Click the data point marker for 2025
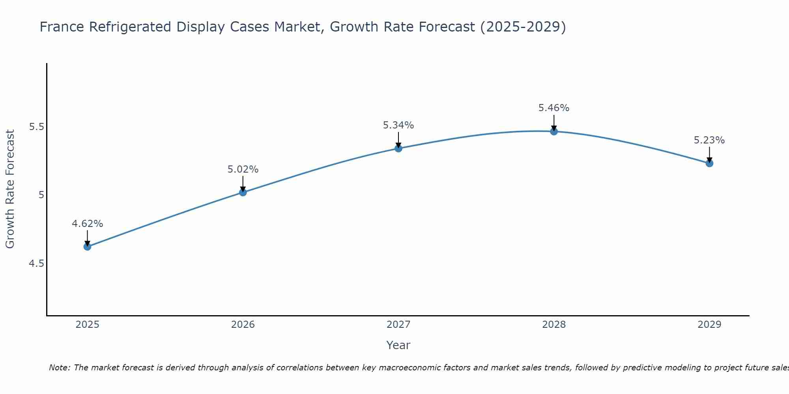pos(87,247)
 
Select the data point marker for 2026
pos(243,192)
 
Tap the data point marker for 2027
pos(398,149)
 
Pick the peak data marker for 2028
pos(554,131)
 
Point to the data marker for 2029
pos(709,163)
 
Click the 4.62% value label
pos(87,224)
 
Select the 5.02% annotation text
pos(243,169)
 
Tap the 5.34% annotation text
pos(398,125)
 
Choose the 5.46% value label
pos(554,108)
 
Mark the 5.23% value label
pos(709,140)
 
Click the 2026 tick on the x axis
pos(243,325)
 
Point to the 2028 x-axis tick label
pos(554,325)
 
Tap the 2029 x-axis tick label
pos(709,325)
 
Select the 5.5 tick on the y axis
pos(36,127)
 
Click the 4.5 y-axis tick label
pos(36,263)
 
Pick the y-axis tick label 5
pos(41,195)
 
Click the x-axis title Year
pos(398,345)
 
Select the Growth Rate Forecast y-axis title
pos(10,189)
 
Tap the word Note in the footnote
pos(59,368)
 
